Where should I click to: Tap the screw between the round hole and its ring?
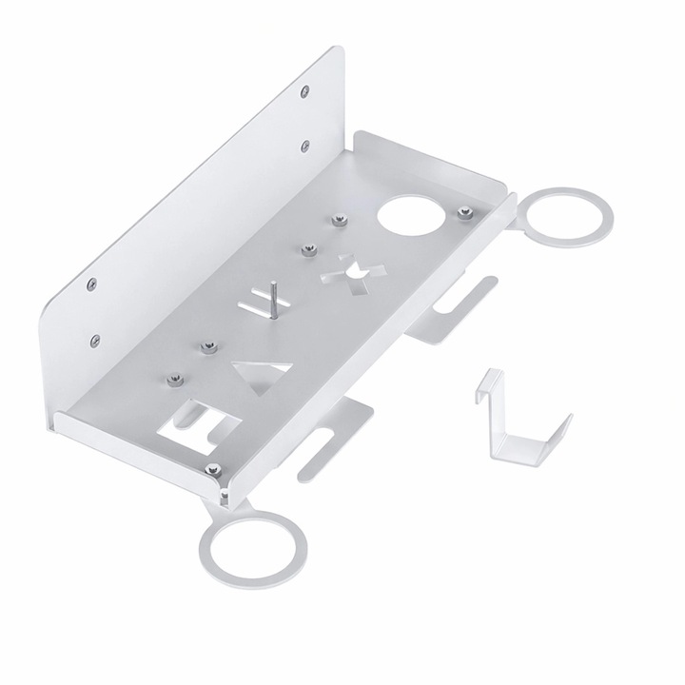click(x=465, y=211)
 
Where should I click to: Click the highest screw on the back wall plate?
click(x=302, y=91)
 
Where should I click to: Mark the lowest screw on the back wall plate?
click(x=94, y=337)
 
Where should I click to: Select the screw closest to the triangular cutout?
click(x=205, y=345)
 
